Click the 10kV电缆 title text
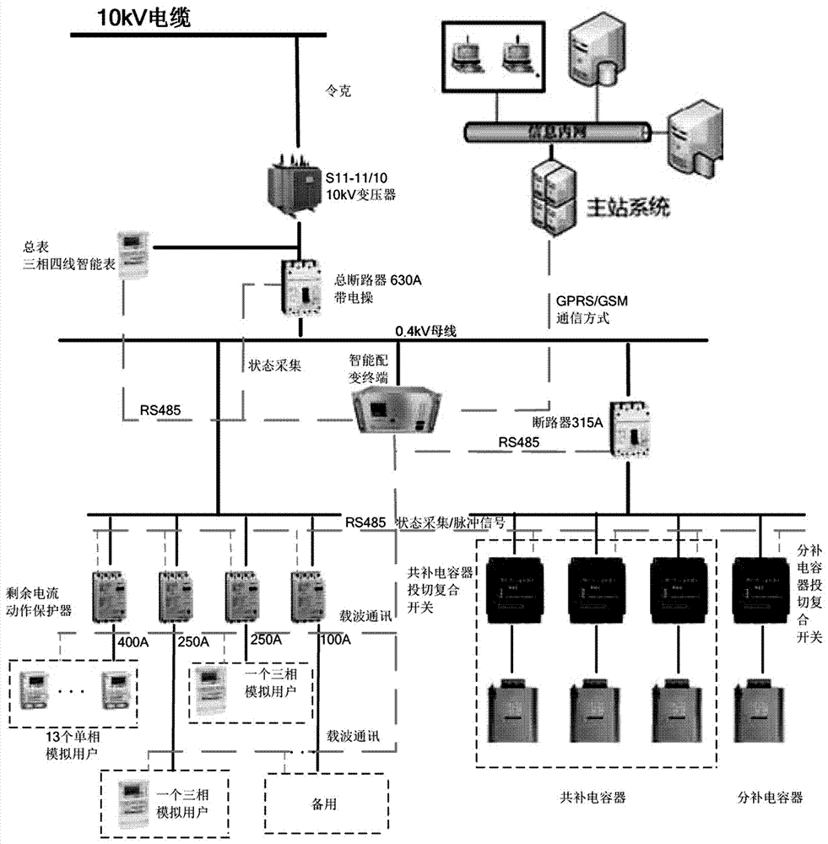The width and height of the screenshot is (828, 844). click(x=123, y=18)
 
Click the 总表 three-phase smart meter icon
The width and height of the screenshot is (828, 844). click(x=131, y=252)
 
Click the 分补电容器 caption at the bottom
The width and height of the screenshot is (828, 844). click(x=768, y=796)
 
